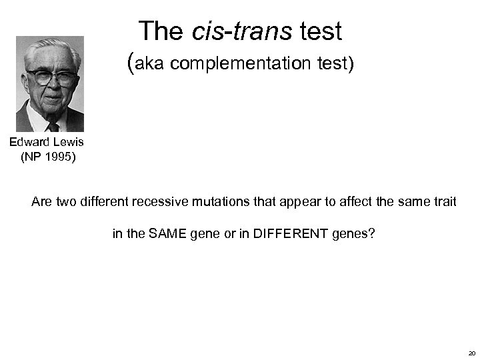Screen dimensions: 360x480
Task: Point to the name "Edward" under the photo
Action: point(29,142)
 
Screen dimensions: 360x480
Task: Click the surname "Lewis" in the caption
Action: point(69,142)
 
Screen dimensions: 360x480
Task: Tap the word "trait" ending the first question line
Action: point(443,201)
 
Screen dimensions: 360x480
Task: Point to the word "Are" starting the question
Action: point(41,201)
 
